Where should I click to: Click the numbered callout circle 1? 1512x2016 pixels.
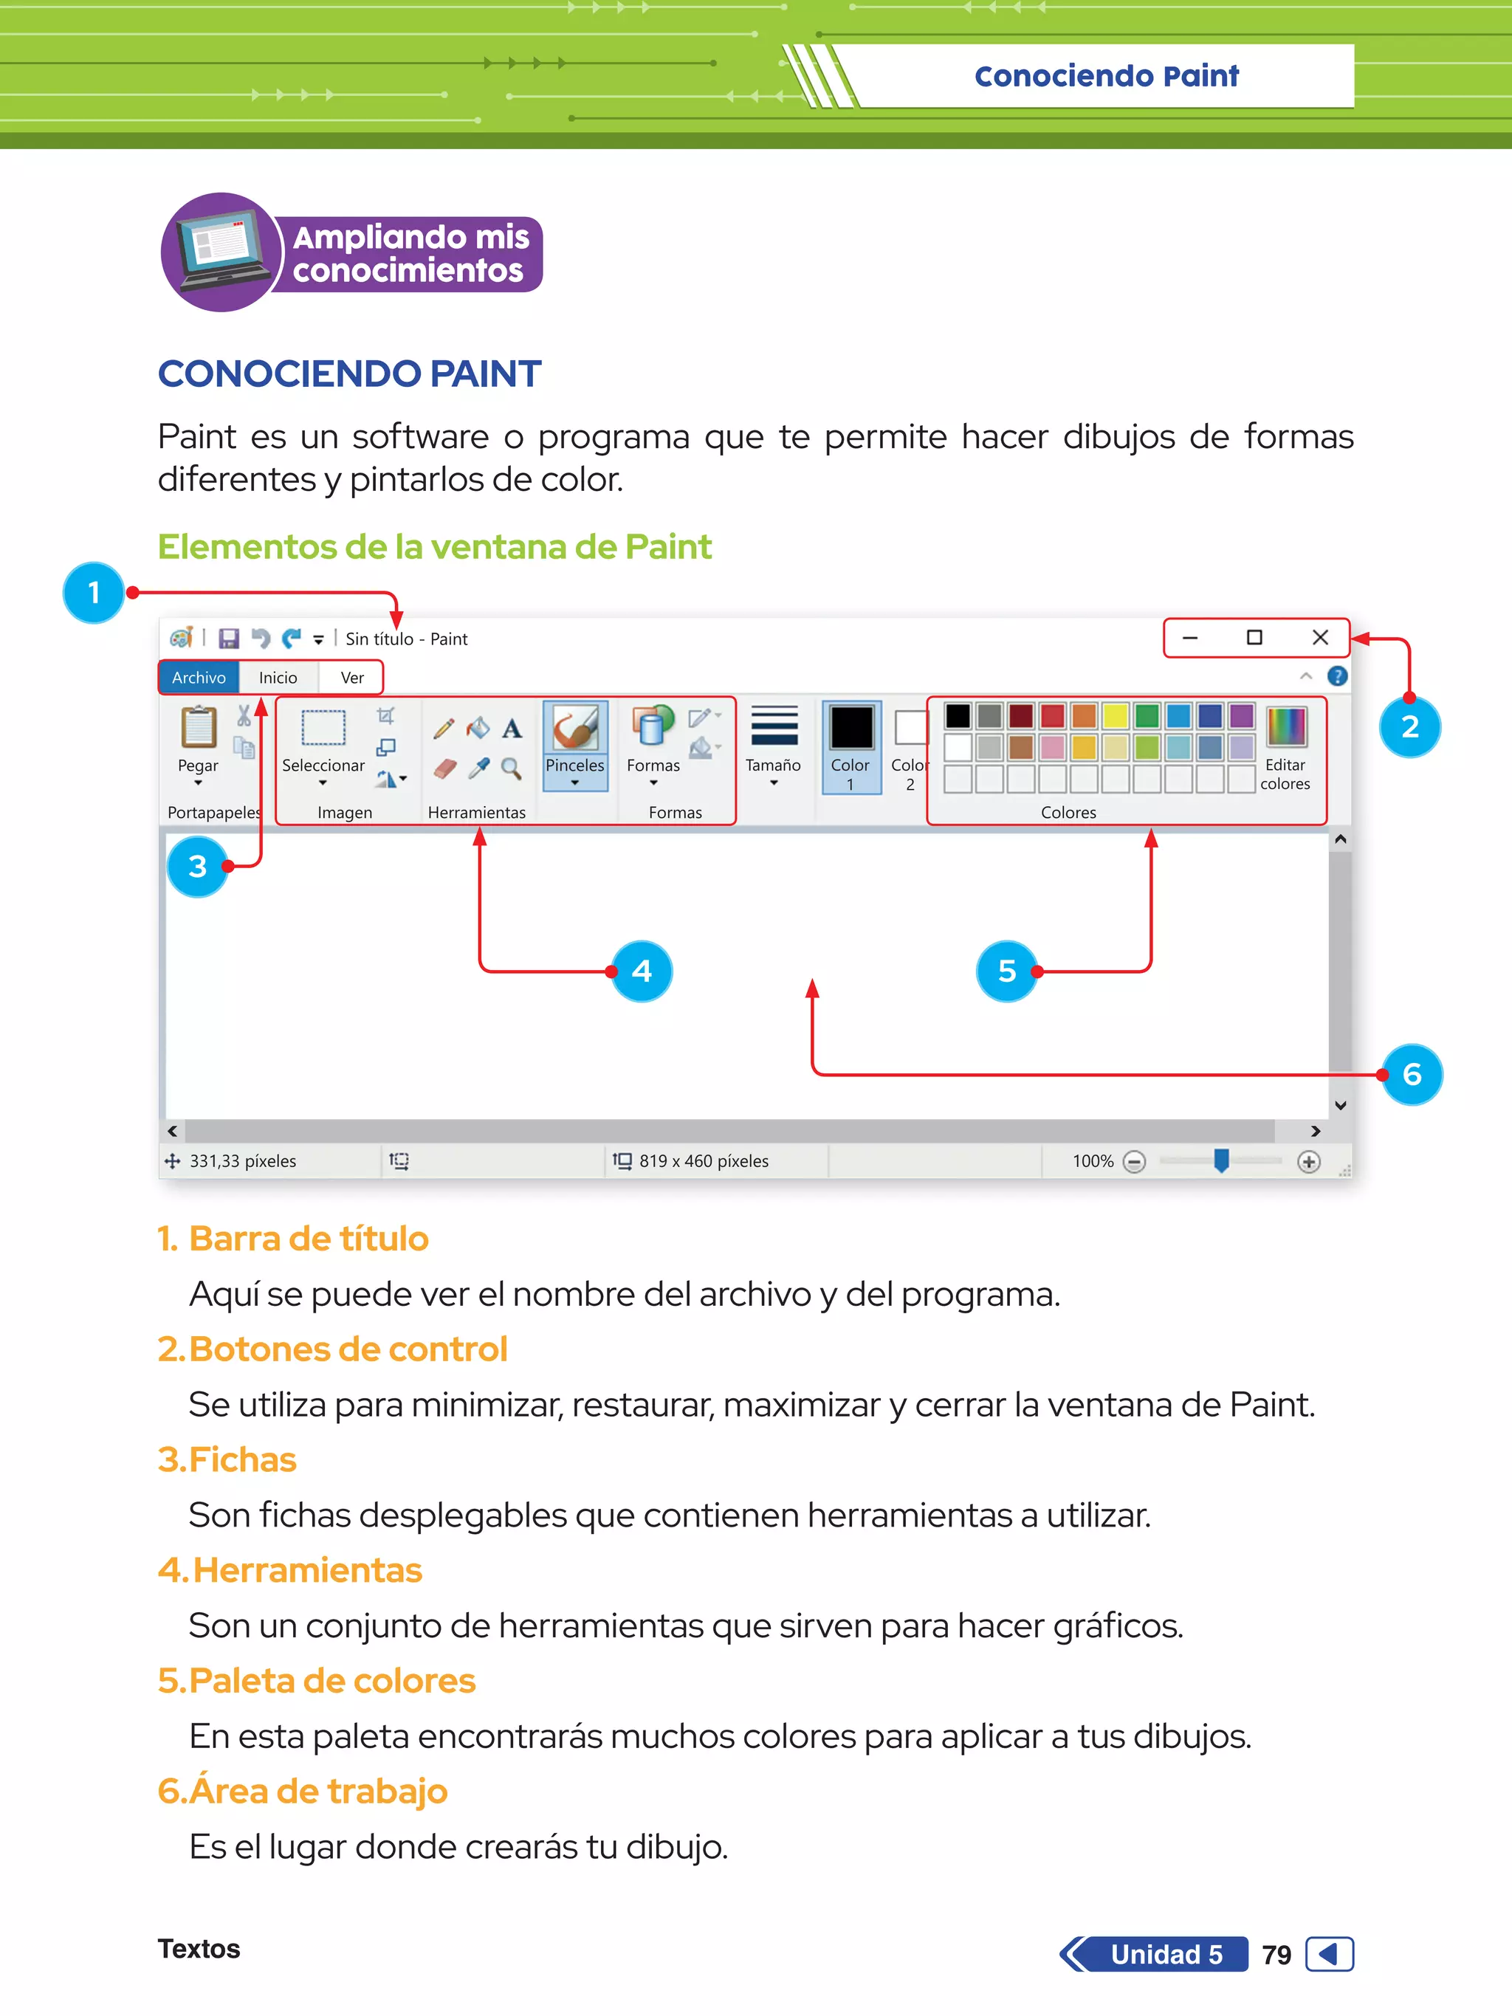click(93, 593)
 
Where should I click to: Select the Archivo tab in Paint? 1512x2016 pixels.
click(199, 677)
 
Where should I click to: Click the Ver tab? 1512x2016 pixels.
click(352, 677)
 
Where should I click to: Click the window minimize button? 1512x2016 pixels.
click(1189, 638)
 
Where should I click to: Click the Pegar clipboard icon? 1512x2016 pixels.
click(198, 727)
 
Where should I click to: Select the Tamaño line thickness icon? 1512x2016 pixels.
click(773, 726)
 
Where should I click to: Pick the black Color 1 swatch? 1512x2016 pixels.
click(851, 728)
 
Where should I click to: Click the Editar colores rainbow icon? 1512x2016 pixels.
click(1286, 726)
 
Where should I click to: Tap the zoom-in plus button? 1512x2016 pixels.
click(1309, 1161)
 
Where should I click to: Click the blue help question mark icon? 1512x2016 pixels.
click(1337, 676)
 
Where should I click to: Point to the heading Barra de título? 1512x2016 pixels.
click(308, 1239)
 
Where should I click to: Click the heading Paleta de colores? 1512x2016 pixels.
click(331, 1681)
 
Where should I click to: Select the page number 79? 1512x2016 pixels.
click(1276, 1954)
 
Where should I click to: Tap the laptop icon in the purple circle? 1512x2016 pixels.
click(221, 251)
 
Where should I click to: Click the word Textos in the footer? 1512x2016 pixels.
click(199, 1949)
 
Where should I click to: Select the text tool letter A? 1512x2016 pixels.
click(512, 728)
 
